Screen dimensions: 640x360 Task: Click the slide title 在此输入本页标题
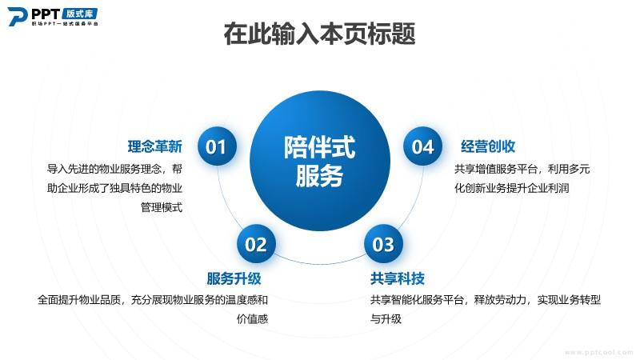click(319, 34)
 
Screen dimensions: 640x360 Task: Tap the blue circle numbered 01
click(217, 146)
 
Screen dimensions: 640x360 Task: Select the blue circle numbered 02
click(256, 244)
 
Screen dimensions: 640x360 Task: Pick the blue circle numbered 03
click(383, 244)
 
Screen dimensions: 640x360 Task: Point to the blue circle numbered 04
click(422, 146)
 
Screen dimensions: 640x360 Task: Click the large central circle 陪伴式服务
click(319, 161)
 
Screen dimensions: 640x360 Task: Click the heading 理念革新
click(154, 146)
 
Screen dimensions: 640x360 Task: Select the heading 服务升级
click(234, 278)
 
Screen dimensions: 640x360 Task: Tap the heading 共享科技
click(398, 278)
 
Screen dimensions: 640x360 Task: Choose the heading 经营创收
click(488, 146)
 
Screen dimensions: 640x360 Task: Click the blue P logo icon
click(18, 17)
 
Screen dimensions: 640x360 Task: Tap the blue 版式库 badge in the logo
click(80, 14)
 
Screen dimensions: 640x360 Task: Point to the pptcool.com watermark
click(598, 352)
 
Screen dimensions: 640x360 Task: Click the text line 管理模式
click(162, 207)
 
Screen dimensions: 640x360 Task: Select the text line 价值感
click(252, 318)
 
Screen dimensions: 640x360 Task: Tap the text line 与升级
click(386, 318)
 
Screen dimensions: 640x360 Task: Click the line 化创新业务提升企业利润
click(512, 188)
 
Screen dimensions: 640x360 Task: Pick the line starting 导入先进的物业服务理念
click(114, 169)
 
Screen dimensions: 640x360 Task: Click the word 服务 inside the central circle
click(319, 176)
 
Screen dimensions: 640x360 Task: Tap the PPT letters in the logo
click(46, 14)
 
